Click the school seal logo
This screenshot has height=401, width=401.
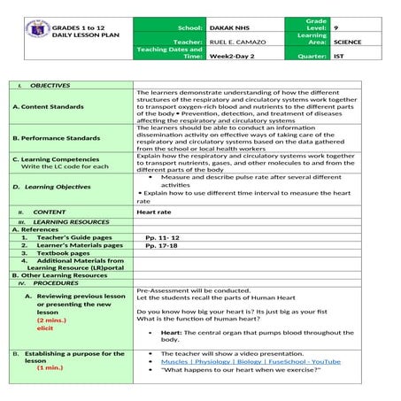click(x=29, y=35)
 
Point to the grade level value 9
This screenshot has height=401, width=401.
click(x=335, y=28)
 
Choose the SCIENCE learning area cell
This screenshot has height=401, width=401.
click(x=347, y=42)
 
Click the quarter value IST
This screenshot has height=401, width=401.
click(x=338, y=56)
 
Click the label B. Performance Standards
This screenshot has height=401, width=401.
click(x=57, y=138)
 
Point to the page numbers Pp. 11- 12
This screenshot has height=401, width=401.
click(x=162, y=237)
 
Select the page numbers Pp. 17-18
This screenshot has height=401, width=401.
click(x=160, y=245)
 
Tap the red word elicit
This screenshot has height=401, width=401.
click(x=45, y=328)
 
